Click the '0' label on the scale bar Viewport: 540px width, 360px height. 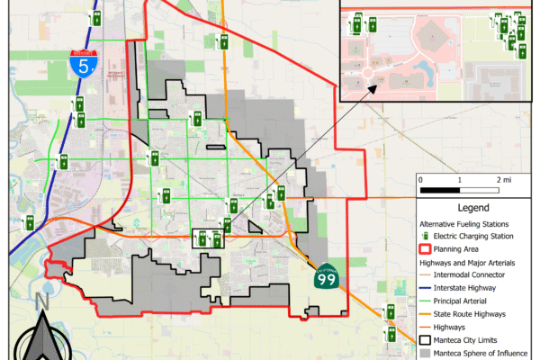pos(421,180)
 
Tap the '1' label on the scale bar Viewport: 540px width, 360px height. pos(459,180)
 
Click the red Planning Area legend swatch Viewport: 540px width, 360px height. pos(427,248)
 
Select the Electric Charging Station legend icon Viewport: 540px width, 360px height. pos(426,235)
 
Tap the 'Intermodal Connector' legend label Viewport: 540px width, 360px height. pos(471,274)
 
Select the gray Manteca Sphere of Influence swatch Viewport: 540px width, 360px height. pos(427,354)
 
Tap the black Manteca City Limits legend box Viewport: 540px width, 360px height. pos(427,340)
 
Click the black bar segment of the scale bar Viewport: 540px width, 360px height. pos(440,190)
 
